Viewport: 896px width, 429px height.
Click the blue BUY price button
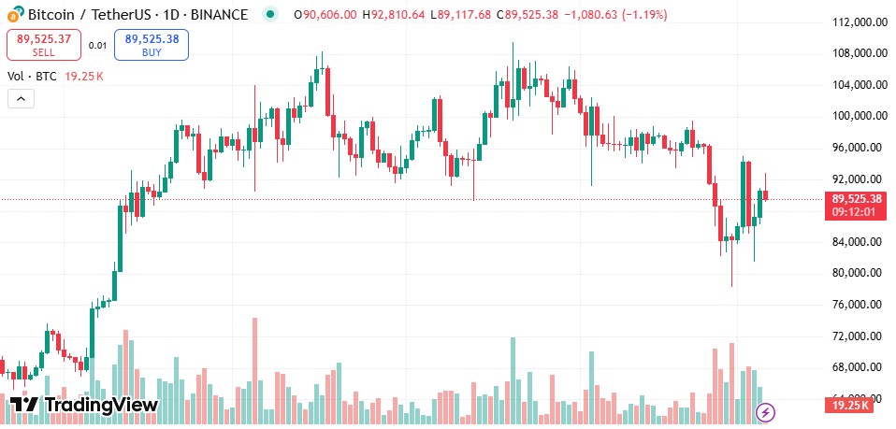[x=152, y=45]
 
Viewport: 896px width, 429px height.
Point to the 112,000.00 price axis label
[x=859, y=21]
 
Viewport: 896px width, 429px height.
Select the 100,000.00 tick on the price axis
[x=859, y=116]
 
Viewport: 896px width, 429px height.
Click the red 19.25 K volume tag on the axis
[x=847, y=405]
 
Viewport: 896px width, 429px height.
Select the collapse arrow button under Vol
[x=21, y=98]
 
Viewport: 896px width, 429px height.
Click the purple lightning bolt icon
[x=766, y=411]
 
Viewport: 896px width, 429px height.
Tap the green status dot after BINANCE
[x=270, y=15]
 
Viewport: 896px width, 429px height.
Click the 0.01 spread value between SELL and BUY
[x=97, y=45]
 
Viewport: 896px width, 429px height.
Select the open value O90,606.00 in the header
[x=325, y=15]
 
